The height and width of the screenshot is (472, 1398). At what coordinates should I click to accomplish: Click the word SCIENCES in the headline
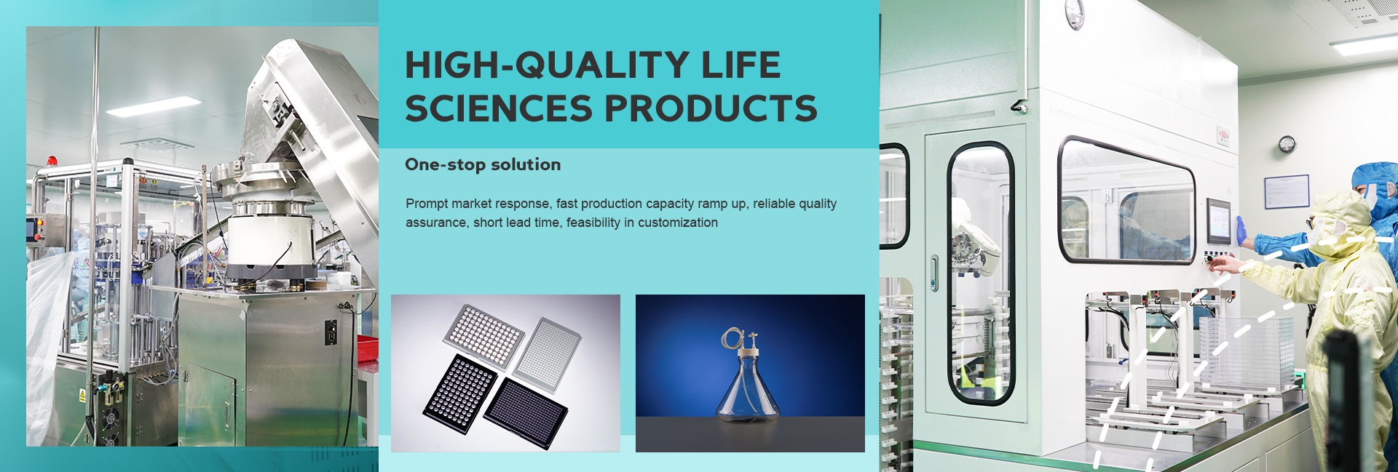click(x=499, y=108)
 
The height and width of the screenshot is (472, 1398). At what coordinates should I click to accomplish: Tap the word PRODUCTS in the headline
click(x=711, y=108)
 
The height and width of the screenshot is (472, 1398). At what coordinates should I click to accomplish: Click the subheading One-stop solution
click(x=483, y=164)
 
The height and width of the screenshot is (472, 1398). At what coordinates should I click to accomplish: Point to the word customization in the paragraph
click(x=678, y=223)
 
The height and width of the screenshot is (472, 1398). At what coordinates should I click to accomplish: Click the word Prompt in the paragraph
click(x=427, y=204)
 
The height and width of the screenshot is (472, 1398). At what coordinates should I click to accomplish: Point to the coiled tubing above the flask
click(x=732, y=338)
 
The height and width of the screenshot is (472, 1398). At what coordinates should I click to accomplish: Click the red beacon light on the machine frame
click(x=51, y=160)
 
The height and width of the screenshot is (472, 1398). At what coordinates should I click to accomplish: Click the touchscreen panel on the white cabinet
click(x=1217, y=221)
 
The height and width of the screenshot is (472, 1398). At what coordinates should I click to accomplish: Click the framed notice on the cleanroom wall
click(x=1287, y=193)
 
